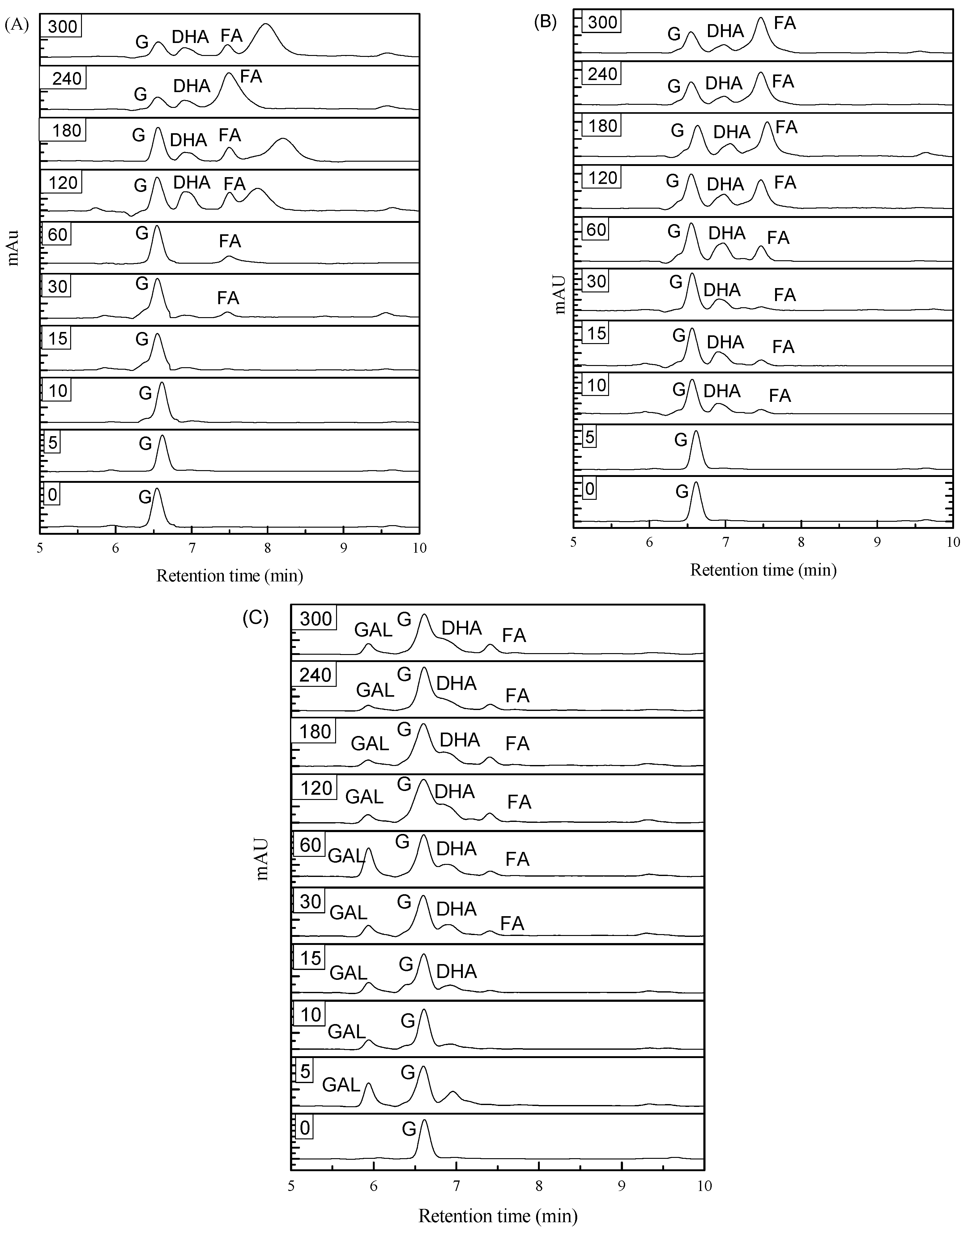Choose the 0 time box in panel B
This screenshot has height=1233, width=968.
click(x=589, y=488)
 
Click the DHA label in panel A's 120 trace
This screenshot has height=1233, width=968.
click(x=192, y=182)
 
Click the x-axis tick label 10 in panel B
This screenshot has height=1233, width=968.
click(x=953, y=542)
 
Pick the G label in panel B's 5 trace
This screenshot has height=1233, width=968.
click(x=681, y=440)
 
